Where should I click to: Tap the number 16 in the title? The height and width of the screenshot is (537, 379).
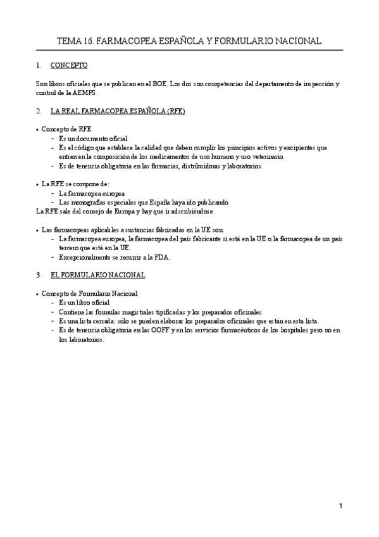pyautogui.click(x=89, y=41)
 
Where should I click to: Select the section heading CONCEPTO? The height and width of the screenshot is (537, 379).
pyautogui.click(x=69, y=65)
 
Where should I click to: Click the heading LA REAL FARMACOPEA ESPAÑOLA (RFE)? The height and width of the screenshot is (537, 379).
pyautogui.click(x=118, y=111)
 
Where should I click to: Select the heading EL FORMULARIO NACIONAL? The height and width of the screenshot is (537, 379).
pyautogui.click(x=98, y=275)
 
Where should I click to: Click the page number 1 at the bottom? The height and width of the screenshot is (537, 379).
pyautogui.click(x=340, y=506)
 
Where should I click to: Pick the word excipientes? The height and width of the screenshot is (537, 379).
pyautogui.click(x=301, y=148)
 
